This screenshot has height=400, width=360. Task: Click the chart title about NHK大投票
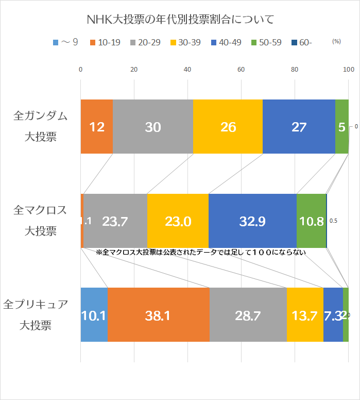click(x=180, y=20)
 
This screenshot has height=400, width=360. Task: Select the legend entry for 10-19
click(x=105, y=43)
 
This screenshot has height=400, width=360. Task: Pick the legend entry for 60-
click(x=301, y=43)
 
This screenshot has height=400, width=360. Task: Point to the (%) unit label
click(x=337, y=42)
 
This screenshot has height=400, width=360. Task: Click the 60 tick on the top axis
click(x=241, y=70)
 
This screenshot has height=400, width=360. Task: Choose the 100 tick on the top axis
click(x=349, y=70)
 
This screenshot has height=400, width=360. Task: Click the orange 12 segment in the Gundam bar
click(x=97, y=127)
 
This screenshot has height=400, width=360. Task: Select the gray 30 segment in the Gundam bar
click(x=153, y=127)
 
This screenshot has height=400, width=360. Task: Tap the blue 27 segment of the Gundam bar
click(x=299, y=127)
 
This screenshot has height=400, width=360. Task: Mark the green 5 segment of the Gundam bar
click(x=342, y=127)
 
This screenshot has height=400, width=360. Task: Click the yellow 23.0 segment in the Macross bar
click(x=178, y=221)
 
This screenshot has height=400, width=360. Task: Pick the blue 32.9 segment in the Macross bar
click(x=252, y=221)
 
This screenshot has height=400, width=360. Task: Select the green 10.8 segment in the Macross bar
click(x=311, y=221)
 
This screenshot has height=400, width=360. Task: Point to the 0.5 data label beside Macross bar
click(x=333, y=221)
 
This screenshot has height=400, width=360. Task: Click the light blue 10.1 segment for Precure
click(x=94, y=315)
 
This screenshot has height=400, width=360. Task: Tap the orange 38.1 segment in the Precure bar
click(x=159, y=315)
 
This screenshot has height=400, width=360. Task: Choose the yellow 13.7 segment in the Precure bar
click(x=305, y=315)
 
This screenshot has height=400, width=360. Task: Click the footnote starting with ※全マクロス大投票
click(x=201, y=253)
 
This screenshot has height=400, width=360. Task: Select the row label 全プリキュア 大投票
click(x=36, y=314)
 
